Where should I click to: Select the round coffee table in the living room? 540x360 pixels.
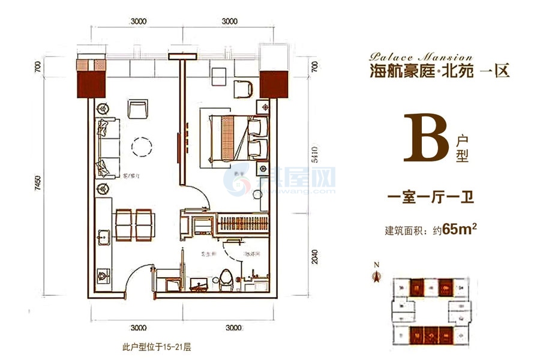click(143, 147)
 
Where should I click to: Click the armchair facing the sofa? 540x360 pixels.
click(137, 110)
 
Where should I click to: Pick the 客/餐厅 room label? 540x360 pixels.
click(132, 176)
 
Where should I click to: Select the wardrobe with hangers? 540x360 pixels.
click(240, 223)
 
